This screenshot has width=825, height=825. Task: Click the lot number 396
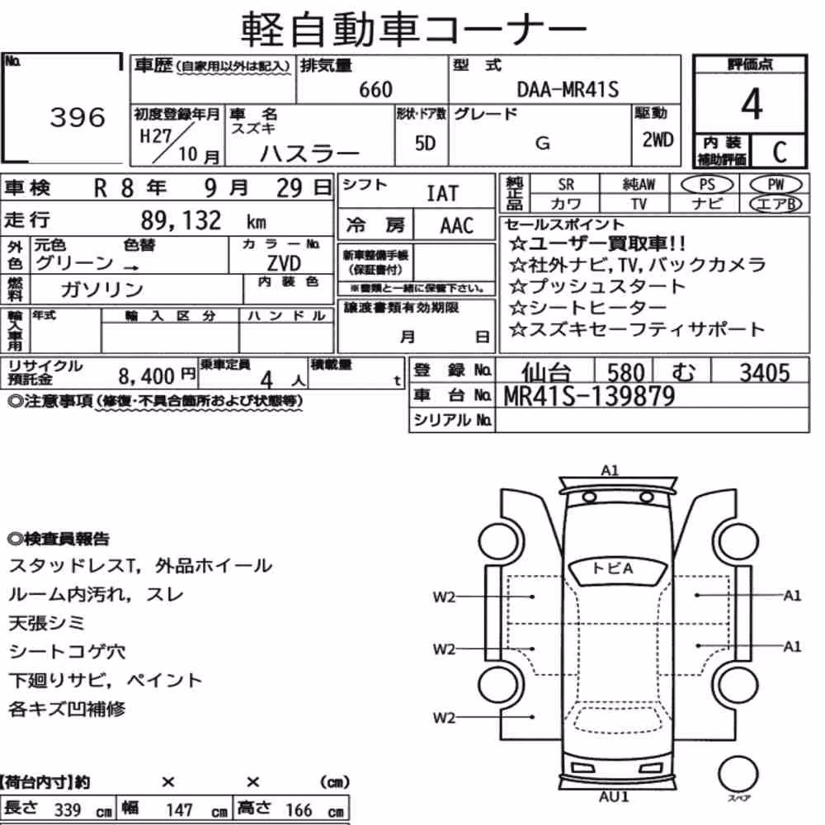[78, 117]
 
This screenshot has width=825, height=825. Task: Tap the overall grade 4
[752, 104]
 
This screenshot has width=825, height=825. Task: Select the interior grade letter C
[780, 152]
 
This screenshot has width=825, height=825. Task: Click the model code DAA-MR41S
[568, 89]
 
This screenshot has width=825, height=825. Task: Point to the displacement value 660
[375, 90]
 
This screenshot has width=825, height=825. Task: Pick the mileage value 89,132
[181, 220]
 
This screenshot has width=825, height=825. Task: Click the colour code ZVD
[284, 262]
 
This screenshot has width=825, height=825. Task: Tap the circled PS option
[707, 185]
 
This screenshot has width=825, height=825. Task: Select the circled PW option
[775, 185]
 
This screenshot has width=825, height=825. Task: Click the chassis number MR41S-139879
[589, 396]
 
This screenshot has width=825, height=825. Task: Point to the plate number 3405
[765, 373]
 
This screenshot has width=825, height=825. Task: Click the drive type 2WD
[658, 139]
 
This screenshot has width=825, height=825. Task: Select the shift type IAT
[442, 194]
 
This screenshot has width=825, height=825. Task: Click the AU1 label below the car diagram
[614, 797]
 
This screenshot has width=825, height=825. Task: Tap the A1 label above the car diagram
[610, 470]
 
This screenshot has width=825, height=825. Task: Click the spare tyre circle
[738, 775]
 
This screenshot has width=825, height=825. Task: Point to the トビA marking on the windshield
[612, 568]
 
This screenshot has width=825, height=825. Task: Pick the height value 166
[299, 810]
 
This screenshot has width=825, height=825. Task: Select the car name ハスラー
[310, 153]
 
